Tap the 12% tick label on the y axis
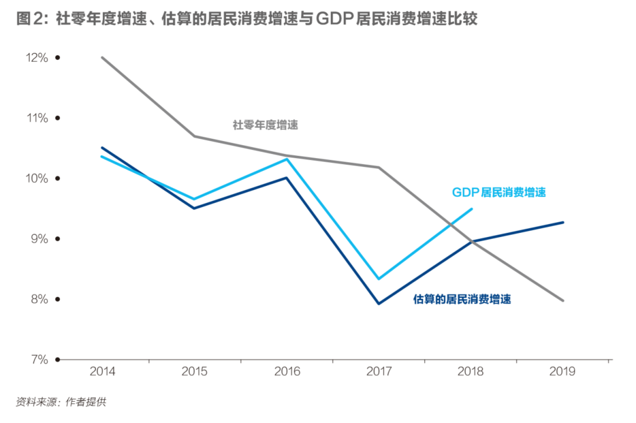(36, 58)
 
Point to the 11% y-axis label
(37, 118)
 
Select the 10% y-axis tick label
(36, 178)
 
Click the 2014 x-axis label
(102, 372)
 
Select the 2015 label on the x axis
(194, 372)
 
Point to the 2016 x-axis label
(287, 372)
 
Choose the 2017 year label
(379, 372)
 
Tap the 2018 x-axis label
(471, 372)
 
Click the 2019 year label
(563, 372)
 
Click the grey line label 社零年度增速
(265, 125)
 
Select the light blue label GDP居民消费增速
(499, 192)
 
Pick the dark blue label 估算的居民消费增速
(462, 299)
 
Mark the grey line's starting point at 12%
(102, 58)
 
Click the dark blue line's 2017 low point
(379, 304)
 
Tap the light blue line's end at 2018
(472, 209)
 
